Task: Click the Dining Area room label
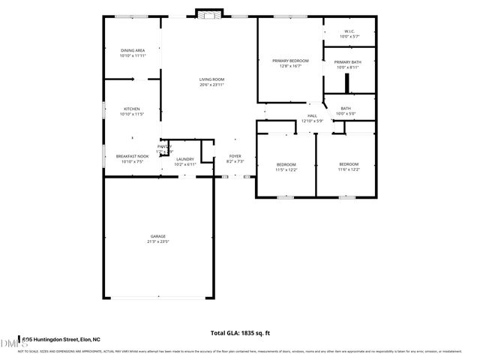132,51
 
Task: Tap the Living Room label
211,79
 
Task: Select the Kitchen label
132,109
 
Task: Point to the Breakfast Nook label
132,156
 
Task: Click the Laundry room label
184,159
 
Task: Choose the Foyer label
235,156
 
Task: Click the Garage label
157,236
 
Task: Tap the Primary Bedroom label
290,61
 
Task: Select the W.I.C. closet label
349,31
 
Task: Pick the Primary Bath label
348,62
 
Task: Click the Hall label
311,115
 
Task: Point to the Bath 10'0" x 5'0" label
346,109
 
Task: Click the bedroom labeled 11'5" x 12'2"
286,164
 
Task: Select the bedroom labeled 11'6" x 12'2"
349,164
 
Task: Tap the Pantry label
165,147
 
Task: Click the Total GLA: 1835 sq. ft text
240,332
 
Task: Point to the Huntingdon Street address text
61,339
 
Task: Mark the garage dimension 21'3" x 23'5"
157,241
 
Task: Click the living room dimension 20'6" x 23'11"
211,85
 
